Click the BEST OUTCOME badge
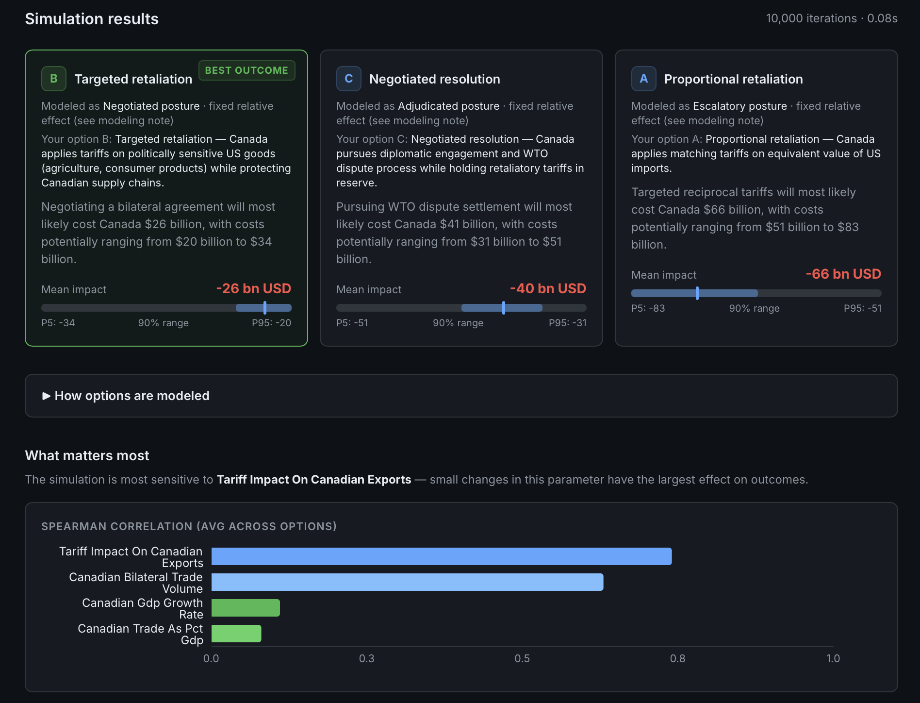click(246, 70)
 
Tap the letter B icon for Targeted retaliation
click(54, 79)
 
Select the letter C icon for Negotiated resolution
click(349, 79)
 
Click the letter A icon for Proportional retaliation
click(644, 79)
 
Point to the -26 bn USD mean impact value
click(254, 288)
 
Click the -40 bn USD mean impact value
click(548, 288)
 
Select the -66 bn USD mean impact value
click(843, 274)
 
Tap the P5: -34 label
click(58, 323)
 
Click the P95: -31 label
click(568, 323)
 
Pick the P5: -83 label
click(648, 308)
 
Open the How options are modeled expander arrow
click(47, 396)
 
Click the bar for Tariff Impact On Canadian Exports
click(442, 556)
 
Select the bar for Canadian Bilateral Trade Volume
click(408, 582)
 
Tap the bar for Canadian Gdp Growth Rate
click(246, 608)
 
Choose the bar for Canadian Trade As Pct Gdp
click(236, 634)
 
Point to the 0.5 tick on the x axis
click(522, 658)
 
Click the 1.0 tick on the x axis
click(833, 658)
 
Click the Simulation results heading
click(92, 19)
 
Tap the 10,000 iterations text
click(811, 18)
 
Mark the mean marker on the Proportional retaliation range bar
click(697, 293)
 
